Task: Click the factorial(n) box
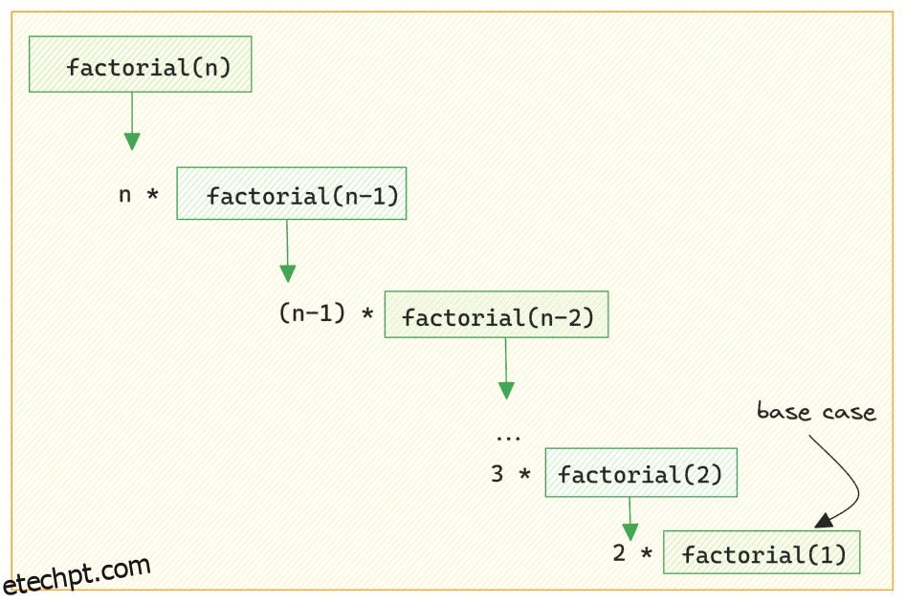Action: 141,64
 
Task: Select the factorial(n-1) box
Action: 291,194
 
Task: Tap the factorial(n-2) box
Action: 496,314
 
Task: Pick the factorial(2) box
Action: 641,472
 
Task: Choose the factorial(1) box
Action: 762,552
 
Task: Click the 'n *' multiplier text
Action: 138,195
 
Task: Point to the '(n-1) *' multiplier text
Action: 325,313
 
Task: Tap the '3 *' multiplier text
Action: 510,473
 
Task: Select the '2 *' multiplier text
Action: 632,552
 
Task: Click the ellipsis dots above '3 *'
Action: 508,438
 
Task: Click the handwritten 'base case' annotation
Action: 816,412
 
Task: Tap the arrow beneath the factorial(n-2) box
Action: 506,368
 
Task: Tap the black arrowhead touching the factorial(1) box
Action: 822,522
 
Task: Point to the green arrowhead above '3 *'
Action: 506,390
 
